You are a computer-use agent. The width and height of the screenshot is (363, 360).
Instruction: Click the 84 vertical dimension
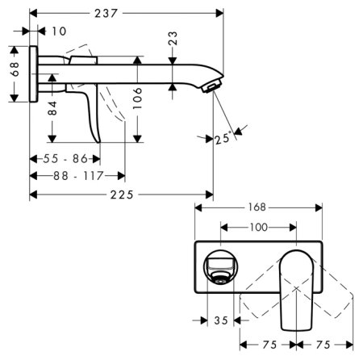pos(52,108)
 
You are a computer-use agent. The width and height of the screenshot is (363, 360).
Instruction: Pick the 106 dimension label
pos(139,98)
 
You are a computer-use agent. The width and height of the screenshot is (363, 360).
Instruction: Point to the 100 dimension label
pos(257,228)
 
